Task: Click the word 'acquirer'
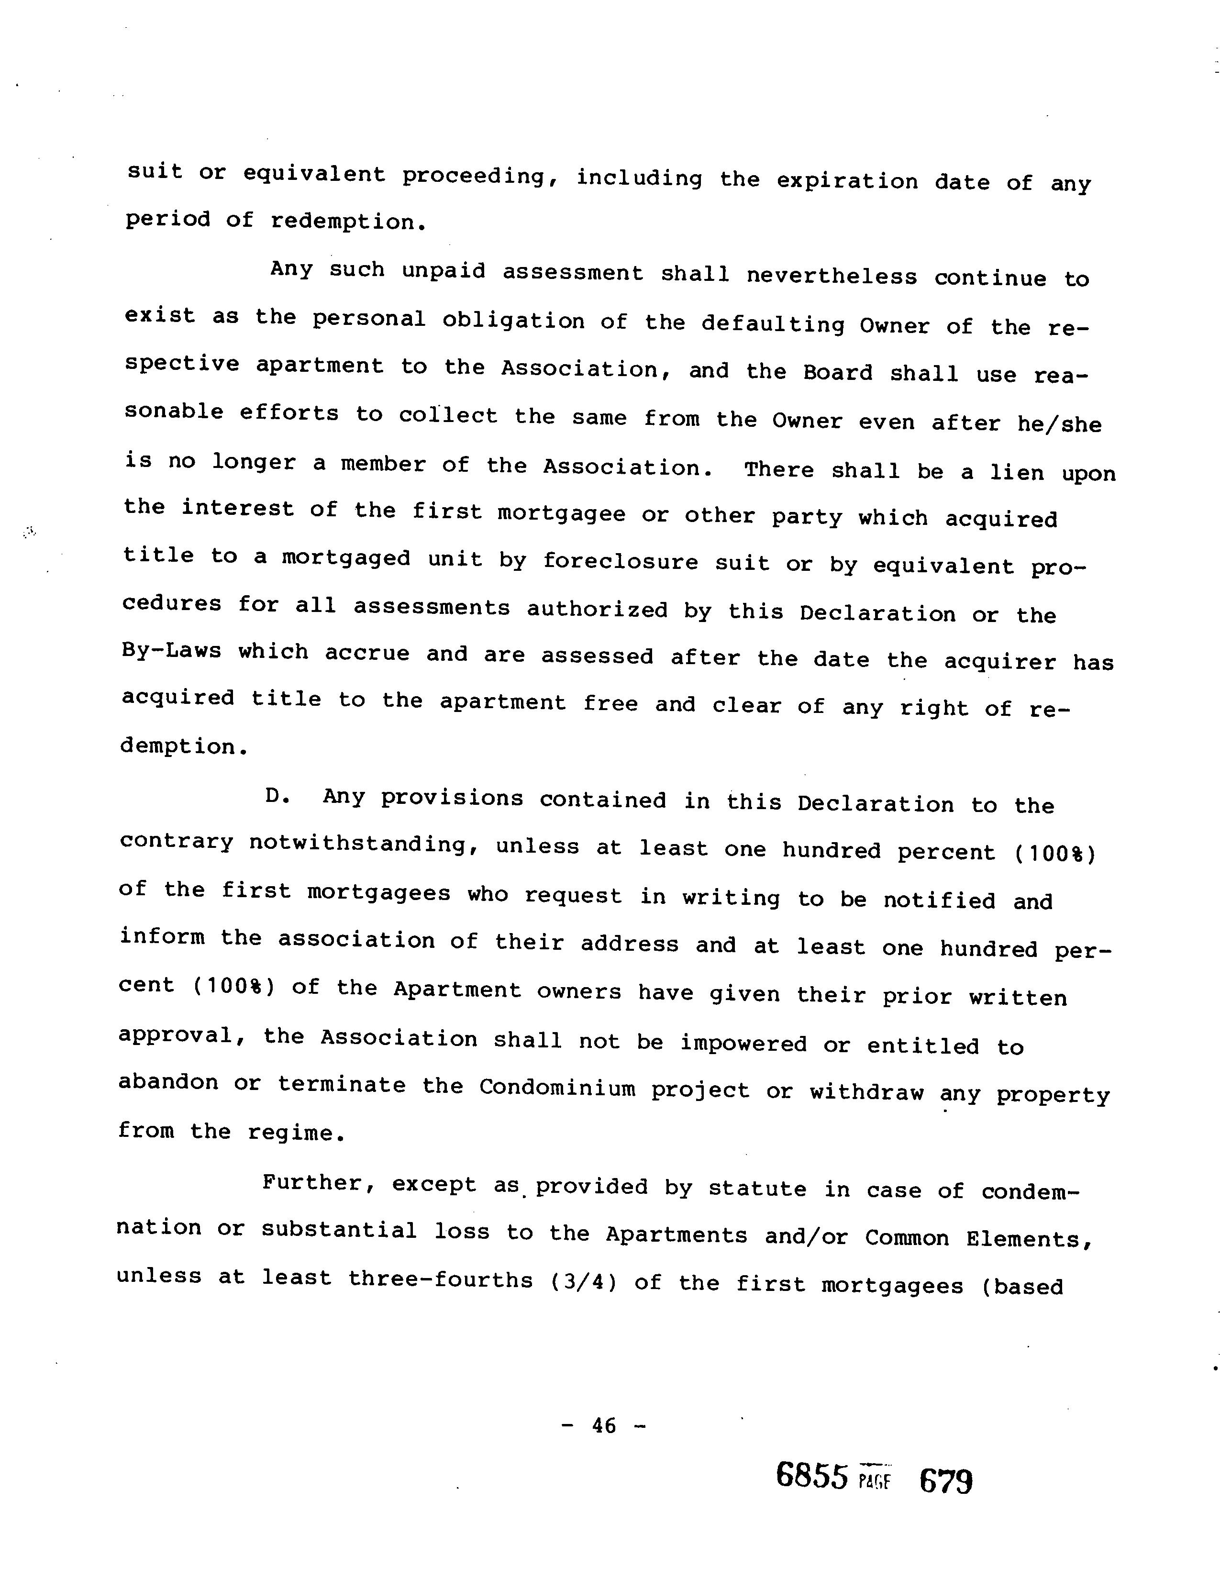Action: click(x=999, y=662)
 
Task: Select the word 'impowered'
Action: click(x=743, y=1043)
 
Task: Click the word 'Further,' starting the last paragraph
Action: click(x=318, y=1183)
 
